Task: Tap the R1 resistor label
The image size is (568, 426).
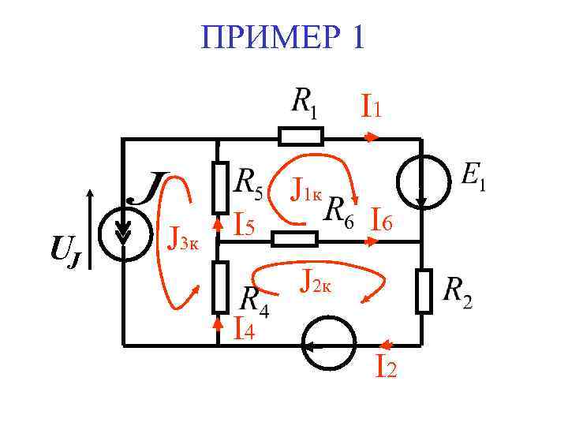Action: tap(305, 103)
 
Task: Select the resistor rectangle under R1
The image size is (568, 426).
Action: tap(301, 137)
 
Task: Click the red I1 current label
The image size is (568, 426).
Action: tap(371, 106)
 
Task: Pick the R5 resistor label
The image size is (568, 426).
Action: tap(252, 183)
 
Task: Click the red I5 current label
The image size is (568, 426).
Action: tap(244, 226)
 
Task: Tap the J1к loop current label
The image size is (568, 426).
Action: tap(306, 189)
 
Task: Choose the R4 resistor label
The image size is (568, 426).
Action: tap(254, 301)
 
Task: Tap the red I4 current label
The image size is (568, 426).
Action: tap(244, 327)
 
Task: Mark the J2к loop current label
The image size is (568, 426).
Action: tap(320, 279)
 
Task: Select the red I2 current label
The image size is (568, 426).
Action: tap(386, 366)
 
